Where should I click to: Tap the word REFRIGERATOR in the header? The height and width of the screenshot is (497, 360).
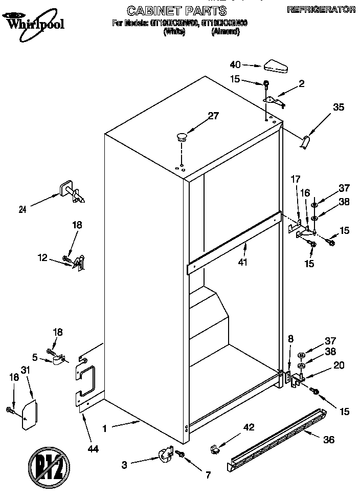tap(321, 9)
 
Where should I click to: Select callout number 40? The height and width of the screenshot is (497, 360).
tap(235, 64)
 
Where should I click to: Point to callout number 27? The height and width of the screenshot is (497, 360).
tap(213, 116)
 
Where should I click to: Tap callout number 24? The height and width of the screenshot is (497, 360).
tap(22, 208)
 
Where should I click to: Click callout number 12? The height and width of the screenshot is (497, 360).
tap(43, 258)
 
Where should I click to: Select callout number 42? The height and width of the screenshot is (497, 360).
tap(248, 427)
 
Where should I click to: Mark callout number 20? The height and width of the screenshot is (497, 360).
tap(339, 365)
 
